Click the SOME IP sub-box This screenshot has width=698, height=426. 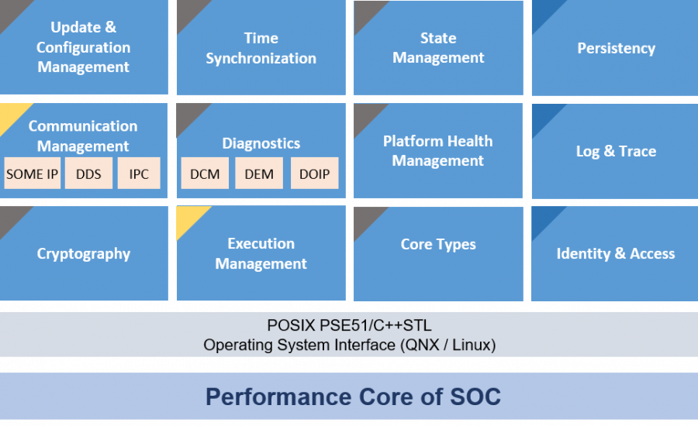32,173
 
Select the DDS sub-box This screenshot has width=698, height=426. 88,173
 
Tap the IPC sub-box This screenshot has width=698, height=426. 139,173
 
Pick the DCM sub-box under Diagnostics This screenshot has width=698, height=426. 205,173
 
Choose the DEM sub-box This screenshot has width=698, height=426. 259,173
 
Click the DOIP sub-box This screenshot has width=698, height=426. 314,173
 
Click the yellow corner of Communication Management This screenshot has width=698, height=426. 11,115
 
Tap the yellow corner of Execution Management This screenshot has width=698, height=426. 188,217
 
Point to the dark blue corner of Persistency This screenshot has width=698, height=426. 544,11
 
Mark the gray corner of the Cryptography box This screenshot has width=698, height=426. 11,217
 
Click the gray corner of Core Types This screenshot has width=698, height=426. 365,218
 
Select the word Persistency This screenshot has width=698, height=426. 616,48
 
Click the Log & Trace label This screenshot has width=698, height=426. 616,151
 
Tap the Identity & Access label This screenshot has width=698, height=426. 616,253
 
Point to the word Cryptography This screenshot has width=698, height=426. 84,254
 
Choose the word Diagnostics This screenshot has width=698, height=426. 261,143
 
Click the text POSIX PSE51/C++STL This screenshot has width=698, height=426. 350,325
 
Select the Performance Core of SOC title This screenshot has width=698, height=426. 353,397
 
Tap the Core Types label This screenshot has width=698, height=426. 438,244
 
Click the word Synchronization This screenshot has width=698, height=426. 261,58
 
